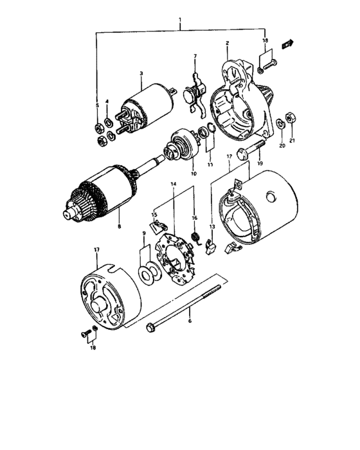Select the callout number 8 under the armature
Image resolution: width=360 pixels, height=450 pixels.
[119, 226]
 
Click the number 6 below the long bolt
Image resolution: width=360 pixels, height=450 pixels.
[189, 317]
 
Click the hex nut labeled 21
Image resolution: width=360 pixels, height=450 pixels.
[289, 116]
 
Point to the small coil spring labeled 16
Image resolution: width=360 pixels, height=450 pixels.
[198, 239]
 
